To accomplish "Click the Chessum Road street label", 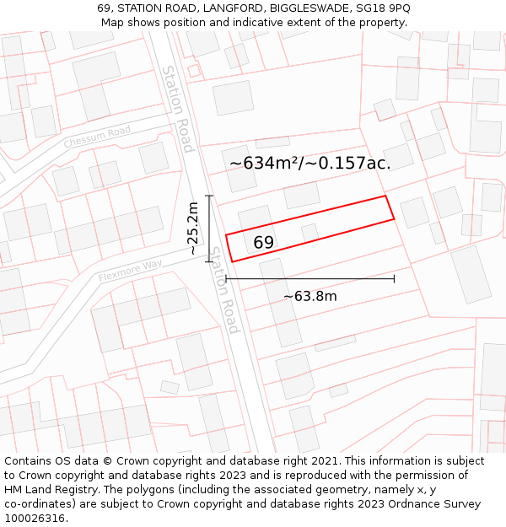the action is click(x=97, y=137).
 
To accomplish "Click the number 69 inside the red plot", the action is click(x=263, y=243).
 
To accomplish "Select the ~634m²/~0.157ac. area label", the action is click(x=310, y=163).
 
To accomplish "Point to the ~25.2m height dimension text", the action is click(x=193, y=229).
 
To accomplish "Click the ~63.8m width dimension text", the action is click(x=310, y=297).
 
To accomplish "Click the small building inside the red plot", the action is click(x=310, y=232).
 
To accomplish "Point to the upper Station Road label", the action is click(x=178, y=109).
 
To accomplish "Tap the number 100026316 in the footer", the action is click(x=35, y=519).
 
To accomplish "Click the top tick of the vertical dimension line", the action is click(x=209, y=196).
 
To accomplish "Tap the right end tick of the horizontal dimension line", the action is click(x=394, y=278).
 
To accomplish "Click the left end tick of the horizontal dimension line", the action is click(x=226, y=278).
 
